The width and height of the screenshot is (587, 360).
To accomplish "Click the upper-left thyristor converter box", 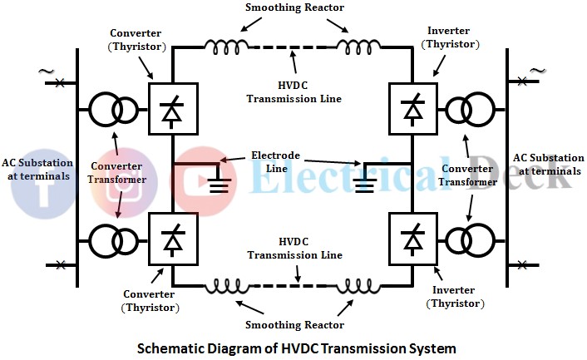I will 172,109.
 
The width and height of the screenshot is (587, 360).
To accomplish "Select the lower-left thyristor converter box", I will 172,239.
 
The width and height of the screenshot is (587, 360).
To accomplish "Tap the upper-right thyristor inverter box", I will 413,109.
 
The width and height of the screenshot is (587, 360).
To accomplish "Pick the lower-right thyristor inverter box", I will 413,239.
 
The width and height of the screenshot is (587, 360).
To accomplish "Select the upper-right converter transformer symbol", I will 470,109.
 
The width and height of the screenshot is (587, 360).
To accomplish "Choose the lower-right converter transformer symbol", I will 470,239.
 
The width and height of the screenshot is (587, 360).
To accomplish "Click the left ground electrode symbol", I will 218,180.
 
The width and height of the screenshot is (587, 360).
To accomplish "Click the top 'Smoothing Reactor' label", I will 293,8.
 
